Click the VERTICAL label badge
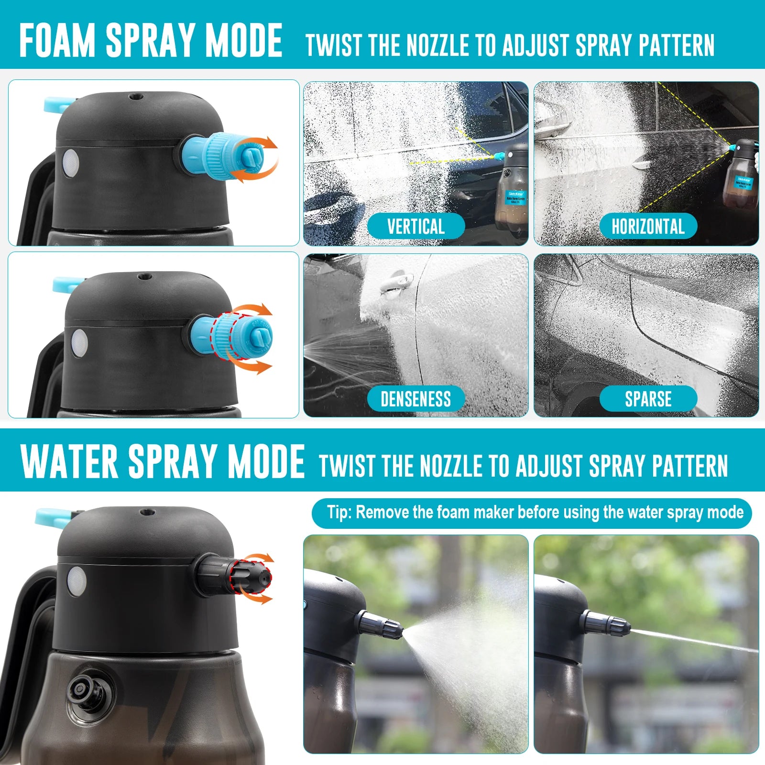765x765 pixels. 415,226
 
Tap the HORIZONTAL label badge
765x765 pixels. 648,226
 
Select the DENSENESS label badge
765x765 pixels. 415,399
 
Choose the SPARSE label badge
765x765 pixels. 648,399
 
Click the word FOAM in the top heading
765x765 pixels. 57,41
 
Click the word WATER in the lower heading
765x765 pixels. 69,461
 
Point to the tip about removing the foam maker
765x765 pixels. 532,513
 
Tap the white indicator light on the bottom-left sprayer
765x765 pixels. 77,581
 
